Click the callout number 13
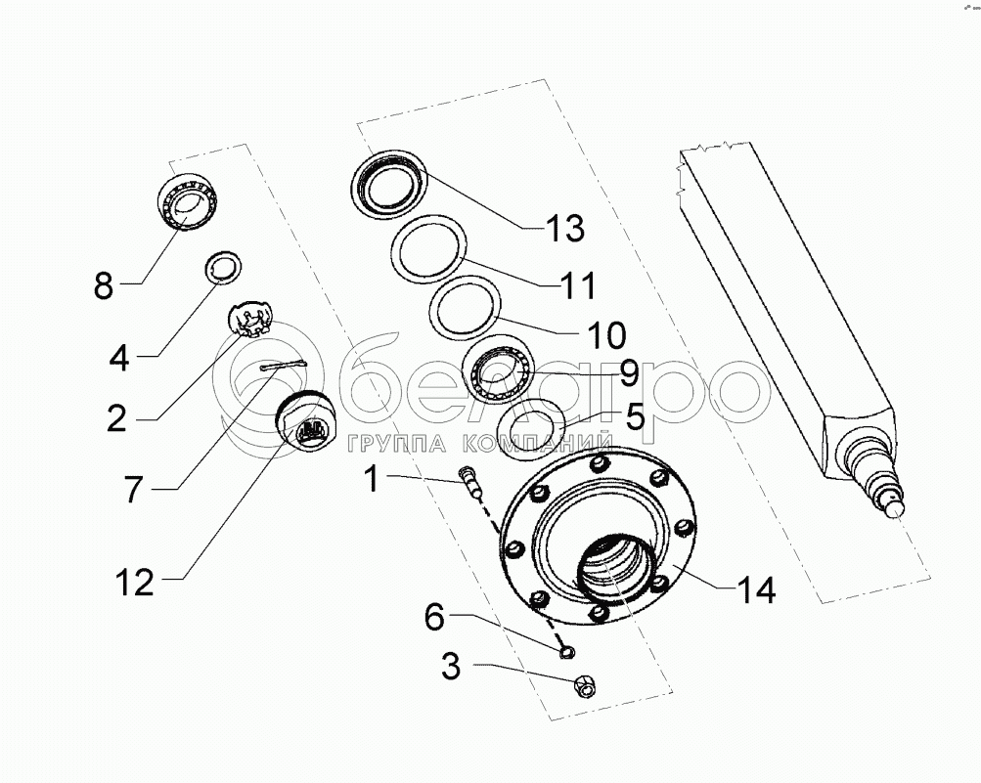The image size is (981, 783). point(565,228)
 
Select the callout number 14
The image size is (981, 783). point(756,589)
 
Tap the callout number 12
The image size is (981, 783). point(135,583)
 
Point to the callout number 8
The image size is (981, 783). point(104,285)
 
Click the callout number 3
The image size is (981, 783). point(451,667)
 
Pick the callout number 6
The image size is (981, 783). point(434,617)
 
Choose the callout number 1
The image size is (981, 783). point(373,479)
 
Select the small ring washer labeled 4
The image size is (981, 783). point(224,267)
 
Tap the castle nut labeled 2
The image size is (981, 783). point(249,320)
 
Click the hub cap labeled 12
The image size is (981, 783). point(306,418)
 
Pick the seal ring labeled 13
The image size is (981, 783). point(389,183)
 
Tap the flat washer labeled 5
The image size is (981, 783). point(532,430)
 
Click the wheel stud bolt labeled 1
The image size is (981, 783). point(470,481)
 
